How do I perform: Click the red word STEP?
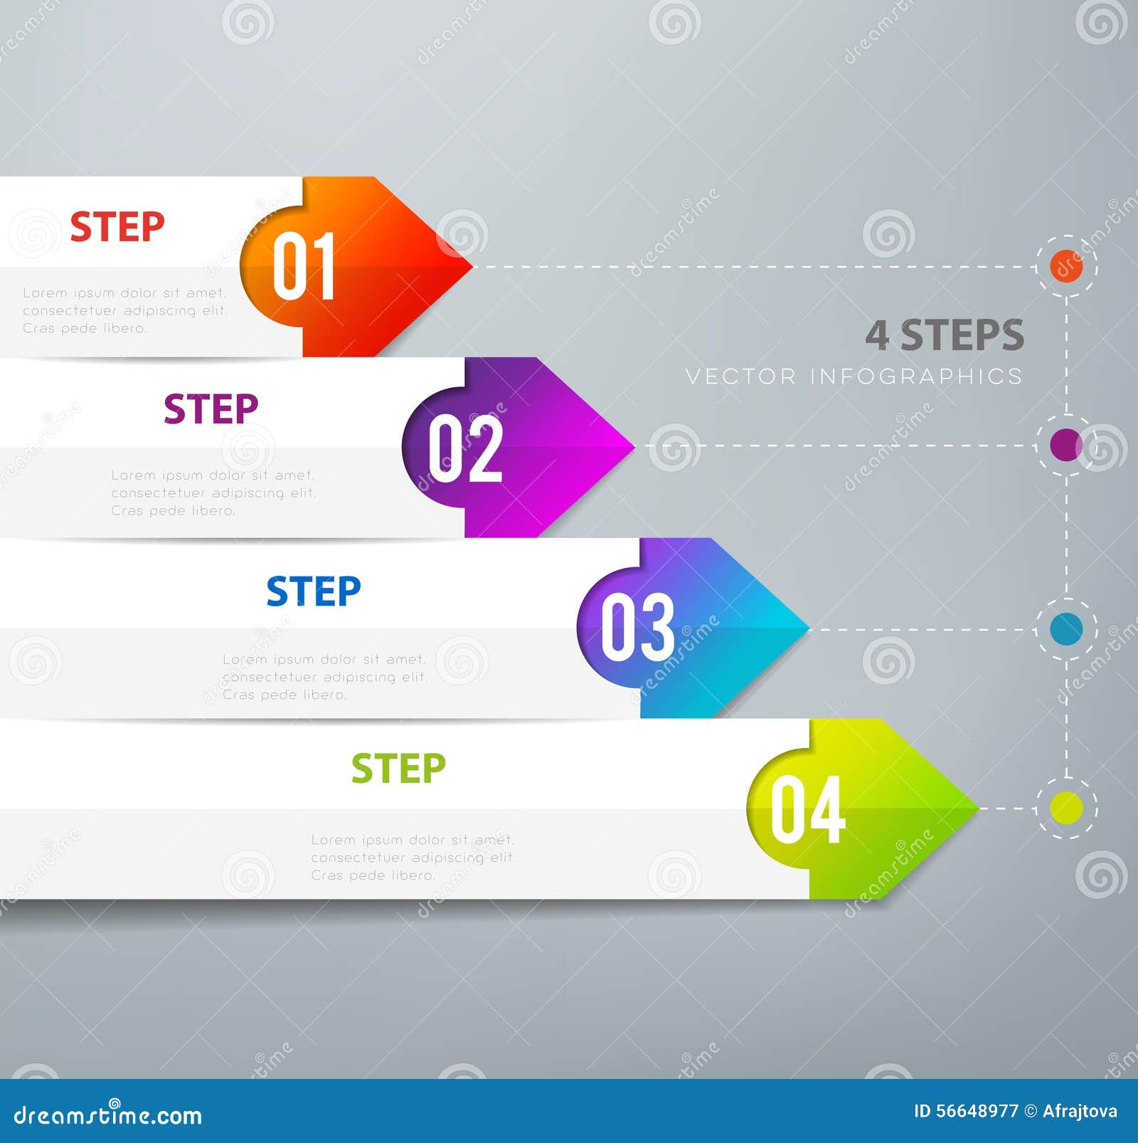click(x=117, y=227)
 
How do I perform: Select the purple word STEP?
click(x=211, y=409)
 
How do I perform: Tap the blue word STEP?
click(x=314, y=591)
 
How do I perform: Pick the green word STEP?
click(x=398, y=769)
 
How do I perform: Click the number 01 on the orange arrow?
click(x=304, y=266)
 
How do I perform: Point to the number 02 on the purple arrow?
click(x=466, y=448)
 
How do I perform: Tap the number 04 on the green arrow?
click(x=808, y=809)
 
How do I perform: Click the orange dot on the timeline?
click(x=1066, y=266)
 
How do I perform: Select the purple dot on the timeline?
click(x=1066, y=445)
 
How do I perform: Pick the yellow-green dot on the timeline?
click(x=1066, y=808)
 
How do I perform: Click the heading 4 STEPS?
click(x=945, y=335)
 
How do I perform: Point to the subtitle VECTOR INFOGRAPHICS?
click(x=854, y=376)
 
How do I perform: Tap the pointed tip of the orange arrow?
click(x=469, y=266)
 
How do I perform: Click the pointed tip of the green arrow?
click(x=976, y=808)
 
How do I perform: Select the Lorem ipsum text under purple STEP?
click(x=213, y=493)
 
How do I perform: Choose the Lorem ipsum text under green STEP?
click(x=413, y=858)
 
